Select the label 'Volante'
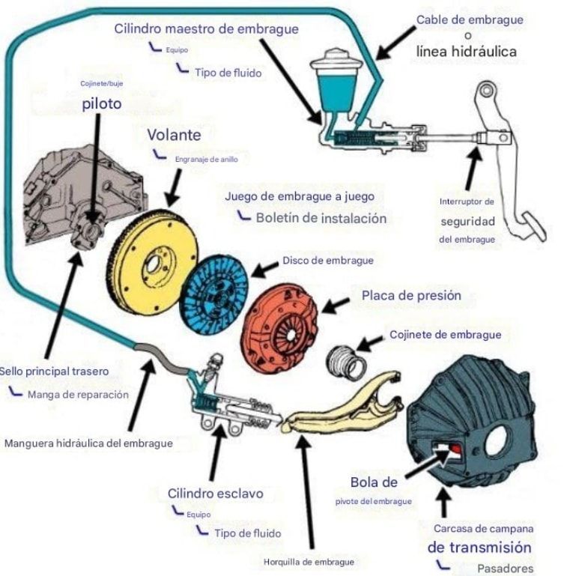point(174,136)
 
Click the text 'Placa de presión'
point(411,295)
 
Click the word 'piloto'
point(101,104)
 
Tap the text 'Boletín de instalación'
point(321,219)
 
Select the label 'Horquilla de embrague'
point(309,561)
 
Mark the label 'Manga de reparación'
point(78,393)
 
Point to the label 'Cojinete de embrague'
point(445,335)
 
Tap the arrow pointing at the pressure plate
point(336,303)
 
